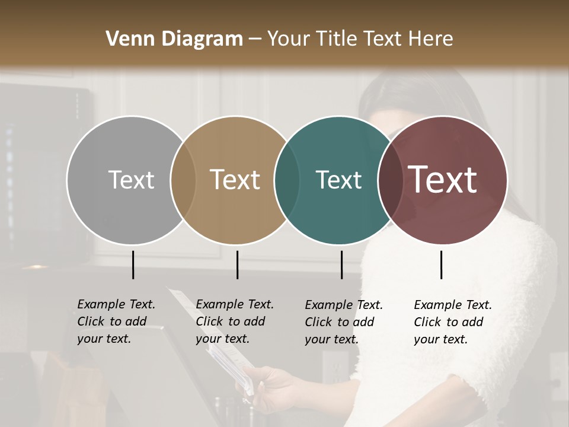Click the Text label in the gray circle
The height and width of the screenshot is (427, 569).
131,180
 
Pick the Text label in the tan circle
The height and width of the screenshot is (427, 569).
235,180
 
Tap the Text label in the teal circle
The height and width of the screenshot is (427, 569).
338,180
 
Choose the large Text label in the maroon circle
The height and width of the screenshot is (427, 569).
443,180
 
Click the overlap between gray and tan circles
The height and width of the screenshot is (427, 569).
183,180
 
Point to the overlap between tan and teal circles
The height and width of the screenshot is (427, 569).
287,180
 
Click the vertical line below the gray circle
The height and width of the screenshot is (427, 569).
133,265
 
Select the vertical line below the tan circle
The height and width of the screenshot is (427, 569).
237,265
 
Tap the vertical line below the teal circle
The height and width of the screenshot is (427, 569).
341,265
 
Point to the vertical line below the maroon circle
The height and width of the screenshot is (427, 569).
441,265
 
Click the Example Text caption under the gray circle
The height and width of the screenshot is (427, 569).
116,321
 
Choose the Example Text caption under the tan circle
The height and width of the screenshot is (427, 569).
234,321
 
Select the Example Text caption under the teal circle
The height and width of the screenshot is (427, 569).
343,322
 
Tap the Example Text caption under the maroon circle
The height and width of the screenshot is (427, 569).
452,322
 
